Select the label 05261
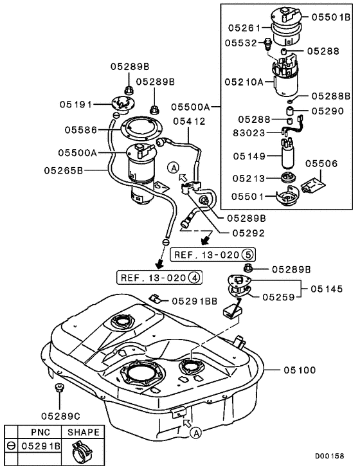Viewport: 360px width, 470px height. pyautogui.click(x=241, y=28)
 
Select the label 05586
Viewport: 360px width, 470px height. pyautogui.click(x=80, y=130)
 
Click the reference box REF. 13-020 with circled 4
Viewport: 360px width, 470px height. pyautogui.click(x=159, y=278)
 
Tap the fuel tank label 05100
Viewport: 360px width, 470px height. pyautogui.click(x=298, y=370)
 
